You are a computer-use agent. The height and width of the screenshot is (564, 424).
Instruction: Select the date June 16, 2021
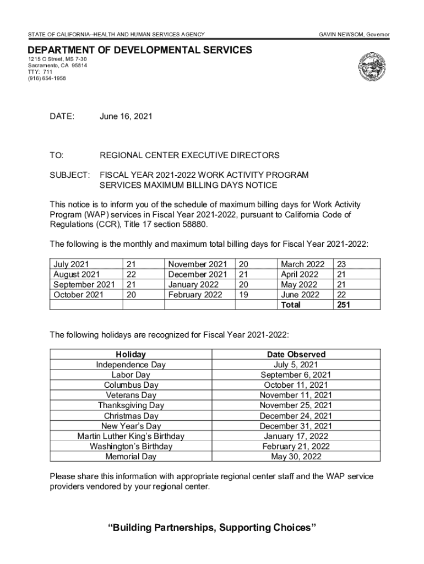[x=126, y=116]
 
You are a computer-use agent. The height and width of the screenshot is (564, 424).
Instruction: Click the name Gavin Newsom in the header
[x=338, y=35]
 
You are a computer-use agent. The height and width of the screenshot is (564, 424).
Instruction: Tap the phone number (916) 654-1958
[x=47, y=78]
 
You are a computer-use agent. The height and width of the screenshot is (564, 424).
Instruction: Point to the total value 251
[x=343, y=305]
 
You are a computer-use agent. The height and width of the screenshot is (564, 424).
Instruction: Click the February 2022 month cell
[x=195, y=295]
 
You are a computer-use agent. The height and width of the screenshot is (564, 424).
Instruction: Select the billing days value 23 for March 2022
[x=341, y=264]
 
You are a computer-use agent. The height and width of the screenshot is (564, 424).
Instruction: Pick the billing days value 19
[x=243, y=295]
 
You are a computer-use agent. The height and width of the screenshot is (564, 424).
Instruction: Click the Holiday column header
[x=131, y=354]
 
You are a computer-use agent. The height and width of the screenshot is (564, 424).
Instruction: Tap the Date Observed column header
[x=296, y=354]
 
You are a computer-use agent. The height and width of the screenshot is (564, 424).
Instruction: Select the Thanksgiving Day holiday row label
[x=131, y=405]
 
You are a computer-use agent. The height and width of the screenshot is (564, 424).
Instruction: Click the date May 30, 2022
[x=296, y=457]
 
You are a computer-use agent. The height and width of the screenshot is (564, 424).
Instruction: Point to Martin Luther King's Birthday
[x=131, y=436]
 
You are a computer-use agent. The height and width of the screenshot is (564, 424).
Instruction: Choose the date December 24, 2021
[x=296, y=416]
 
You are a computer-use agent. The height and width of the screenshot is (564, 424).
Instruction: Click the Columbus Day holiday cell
[x=131, y=385]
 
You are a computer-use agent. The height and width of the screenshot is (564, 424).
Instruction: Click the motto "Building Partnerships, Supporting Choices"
[x=212, y=528]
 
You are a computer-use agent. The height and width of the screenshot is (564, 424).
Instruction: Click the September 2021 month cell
[x=84, y=285]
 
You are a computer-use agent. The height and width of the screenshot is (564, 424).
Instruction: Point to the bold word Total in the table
[x=291, y=305]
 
